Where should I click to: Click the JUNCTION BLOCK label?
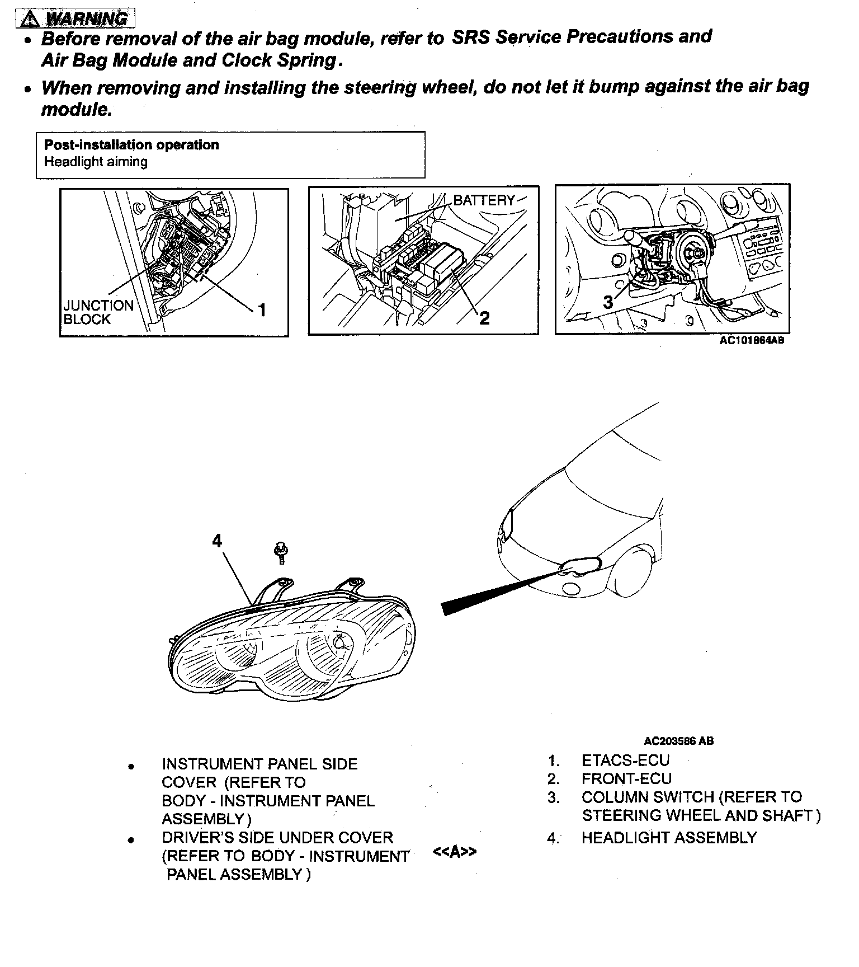pyautogui.click(x=98, y=312)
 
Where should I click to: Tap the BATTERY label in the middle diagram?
pyautogui.click(x=484, y=200)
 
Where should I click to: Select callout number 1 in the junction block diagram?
pyautogui.click(x=260, y=309)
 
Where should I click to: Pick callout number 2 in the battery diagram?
pyautogui.click(x=484, y=318)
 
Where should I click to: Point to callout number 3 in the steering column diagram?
pyautogui.click(x=608, y=303)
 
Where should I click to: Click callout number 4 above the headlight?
pyautogui.click(x=217, y=541)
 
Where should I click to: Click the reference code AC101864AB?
pyautogui.click(x=752, y=340)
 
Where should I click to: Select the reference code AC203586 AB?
pyautogui.click(x=679, y=741)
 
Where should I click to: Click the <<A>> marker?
pyautogui.click(x=455, y=852)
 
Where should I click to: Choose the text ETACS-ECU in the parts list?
pyautogui.click(x=625, y=761)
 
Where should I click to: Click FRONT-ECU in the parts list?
pyautogui.click(x=626, y=779)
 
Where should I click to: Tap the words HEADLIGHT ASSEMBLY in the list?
pyautogui.click(x=669, y=838)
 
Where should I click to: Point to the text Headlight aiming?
pyautogui.click(x=96, y=162)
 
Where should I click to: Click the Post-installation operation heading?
pyautogui.click(x=131, y=145)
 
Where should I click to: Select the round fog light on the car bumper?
pyautogui.click(x=571, y=589)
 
